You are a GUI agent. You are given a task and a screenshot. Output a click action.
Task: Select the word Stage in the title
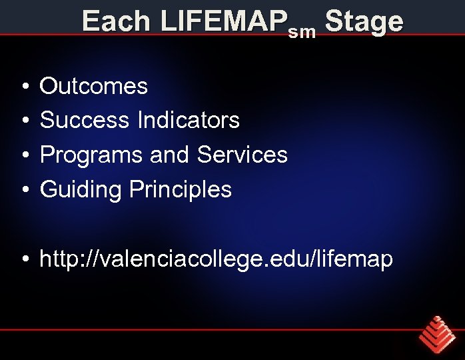pyautogui.click(x=364, y=22)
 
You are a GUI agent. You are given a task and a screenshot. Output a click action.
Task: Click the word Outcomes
pyautogui.click(x=94, y=86)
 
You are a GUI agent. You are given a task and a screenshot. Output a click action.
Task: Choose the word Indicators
pyautogui.click(x=189, y=121)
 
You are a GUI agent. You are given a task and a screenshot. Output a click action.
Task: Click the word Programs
pyautogui.click(x=92, y=155)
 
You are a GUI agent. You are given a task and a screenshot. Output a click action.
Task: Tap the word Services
pyautogui.click(x=242, y=155)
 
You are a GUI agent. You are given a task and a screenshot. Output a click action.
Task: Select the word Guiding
pyautogui.click(x=82, y=190)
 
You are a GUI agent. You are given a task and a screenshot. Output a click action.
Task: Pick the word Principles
pyautogui.click(x=181, y=190)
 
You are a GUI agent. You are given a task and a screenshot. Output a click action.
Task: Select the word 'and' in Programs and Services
pyautogui.click(x=171, y=155)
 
